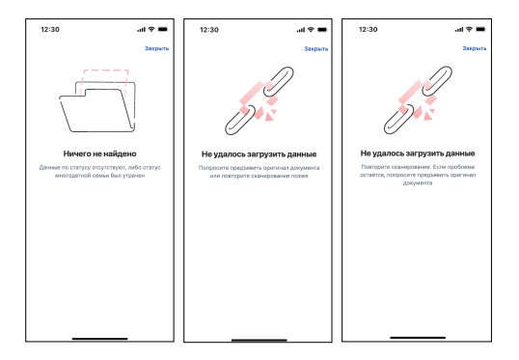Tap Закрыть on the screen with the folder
(156, 48)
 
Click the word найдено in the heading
(122, 153)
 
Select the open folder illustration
(97, 106)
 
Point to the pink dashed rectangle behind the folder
(105, 70)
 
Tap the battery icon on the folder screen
(163, 29)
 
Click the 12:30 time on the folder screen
(50, 30)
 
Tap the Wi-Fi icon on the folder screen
(151, 29)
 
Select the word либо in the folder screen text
(135, 167)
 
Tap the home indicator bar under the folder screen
(100, 339)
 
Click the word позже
(300, 176)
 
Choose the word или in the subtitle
(215, 176)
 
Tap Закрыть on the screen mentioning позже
(316, 48)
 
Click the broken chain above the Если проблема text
(418, 100)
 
